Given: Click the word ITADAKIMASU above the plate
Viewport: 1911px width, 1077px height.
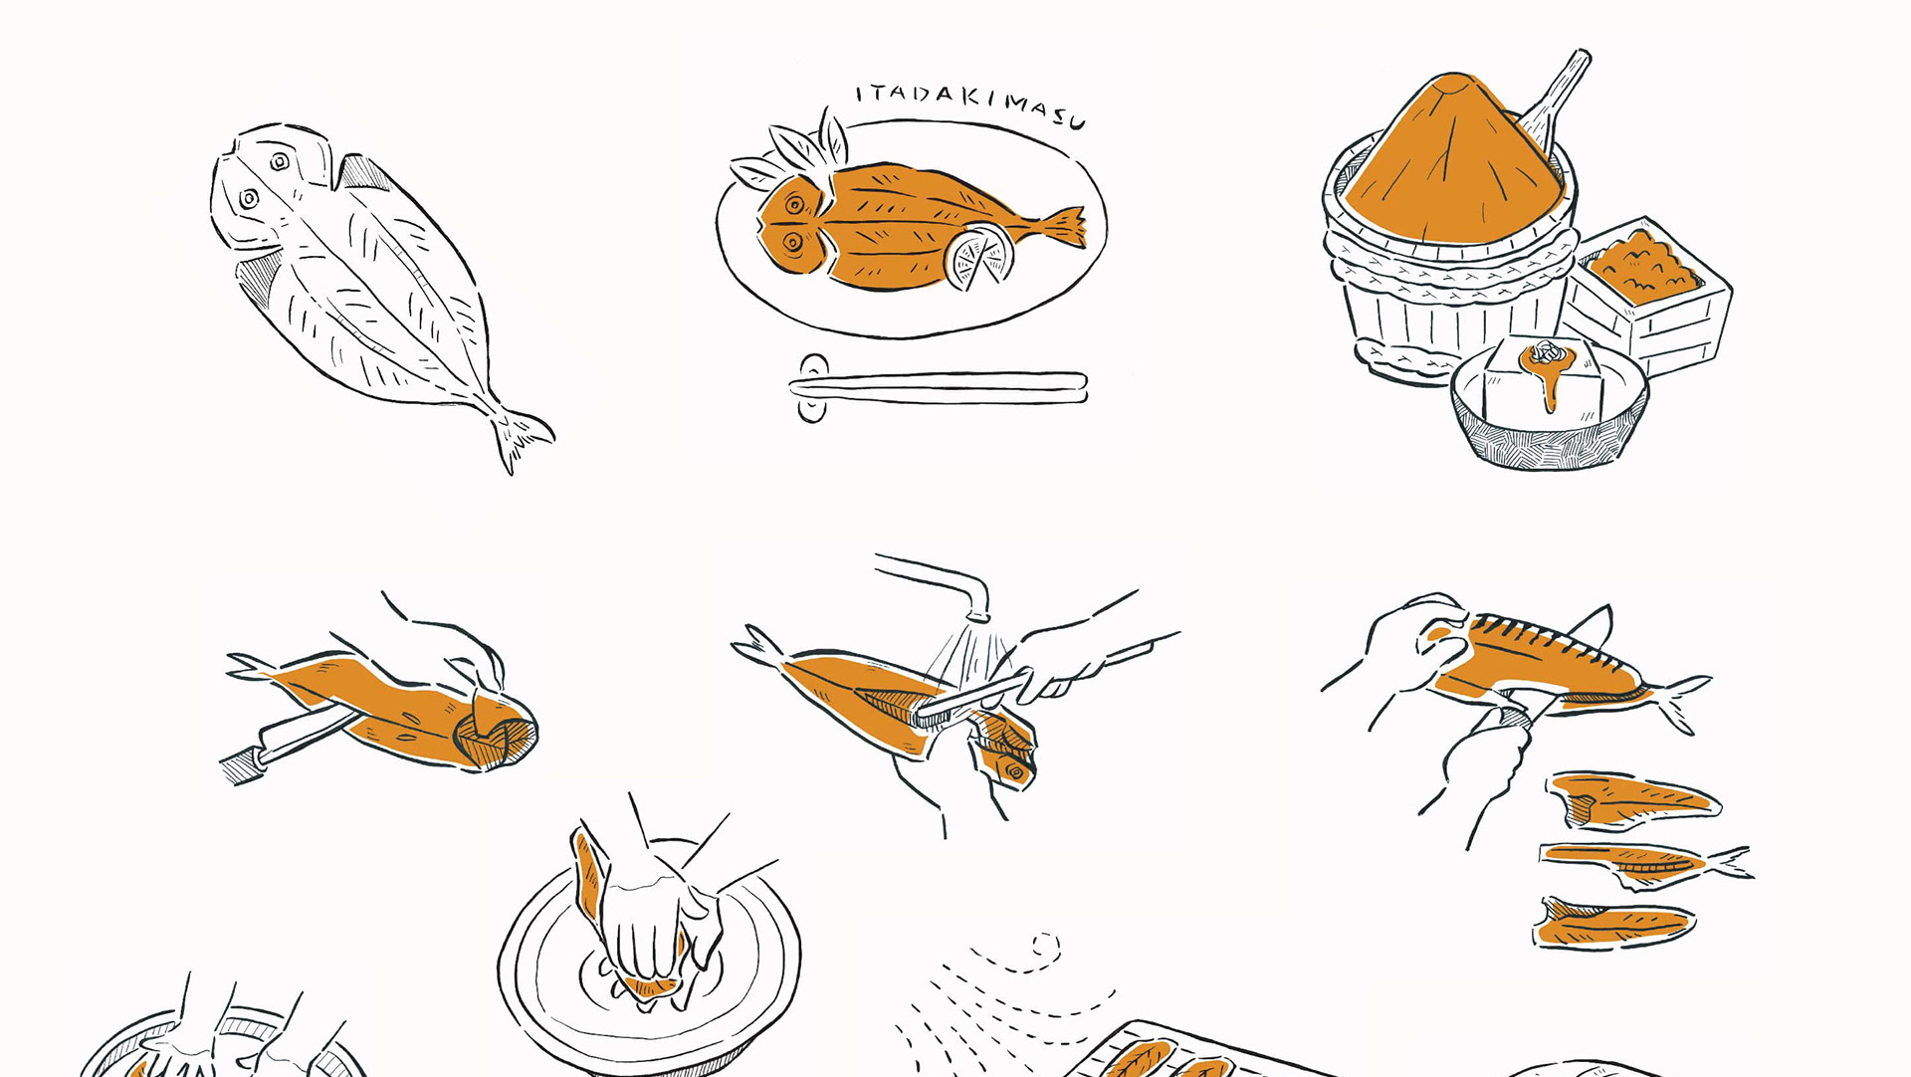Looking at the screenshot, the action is click(x=970, y=104).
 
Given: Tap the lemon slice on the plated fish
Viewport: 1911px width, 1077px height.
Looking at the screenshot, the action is click(x=978, y=257).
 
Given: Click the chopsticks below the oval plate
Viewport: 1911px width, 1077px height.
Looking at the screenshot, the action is click(x=940, y=386).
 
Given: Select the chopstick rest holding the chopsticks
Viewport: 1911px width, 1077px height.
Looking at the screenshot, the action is click(x=813, y=387).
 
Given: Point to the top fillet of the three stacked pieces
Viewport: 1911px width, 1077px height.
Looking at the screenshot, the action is click(x=1630, y=799).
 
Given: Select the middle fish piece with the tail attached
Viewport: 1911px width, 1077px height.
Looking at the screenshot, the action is click(x=1643, y=863).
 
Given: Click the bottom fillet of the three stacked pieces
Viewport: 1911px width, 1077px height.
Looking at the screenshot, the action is click(x=1612, y=923).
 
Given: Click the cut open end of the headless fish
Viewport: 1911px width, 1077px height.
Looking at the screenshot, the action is click(x=495, y=735).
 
